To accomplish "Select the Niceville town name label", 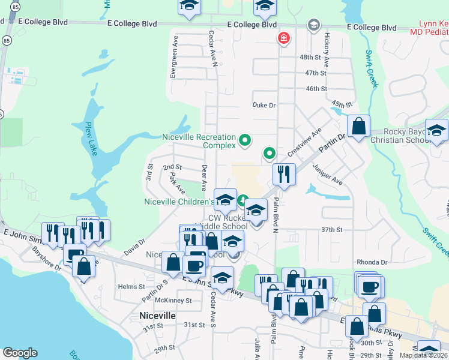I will point(157,315).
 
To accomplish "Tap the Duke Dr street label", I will point(264,105).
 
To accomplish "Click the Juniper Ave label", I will point(327,175).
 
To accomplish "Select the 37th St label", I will point(331,230).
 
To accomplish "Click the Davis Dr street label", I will point(134,247).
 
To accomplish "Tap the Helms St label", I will point(129,287).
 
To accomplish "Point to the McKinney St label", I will point(173,300).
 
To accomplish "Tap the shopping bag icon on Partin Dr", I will point(358,127).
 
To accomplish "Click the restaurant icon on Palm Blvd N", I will point(283,174).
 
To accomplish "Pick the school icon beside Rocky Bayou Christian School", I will point(436,130).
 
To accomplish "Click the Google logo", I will point(20,353).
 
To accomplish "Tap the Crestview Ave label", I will point(304,142).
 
